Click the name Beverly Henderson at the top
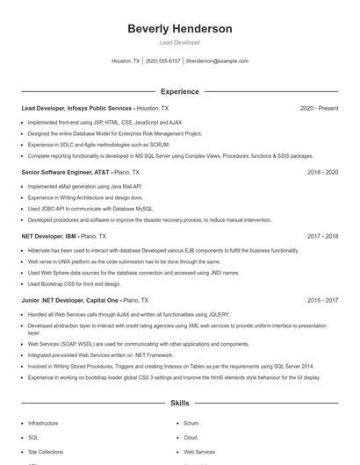179,29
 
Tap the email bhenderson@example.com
218,61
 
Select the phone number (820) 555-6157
163,61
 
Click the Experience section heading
179,91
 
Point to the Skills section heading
179,404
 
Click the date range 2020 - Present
319,108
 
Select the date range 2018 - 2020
322,172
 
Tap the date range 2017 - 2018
322,236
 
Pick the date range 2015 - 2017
322,300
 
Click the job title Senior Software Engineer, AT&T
66,172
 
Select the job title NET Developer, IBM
50,236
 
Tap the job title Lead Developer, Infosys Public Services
77,108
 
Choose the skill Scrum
191,423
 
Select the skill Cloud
191,437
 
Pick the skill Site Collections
46,452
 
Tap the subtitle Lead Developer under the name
179,42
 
